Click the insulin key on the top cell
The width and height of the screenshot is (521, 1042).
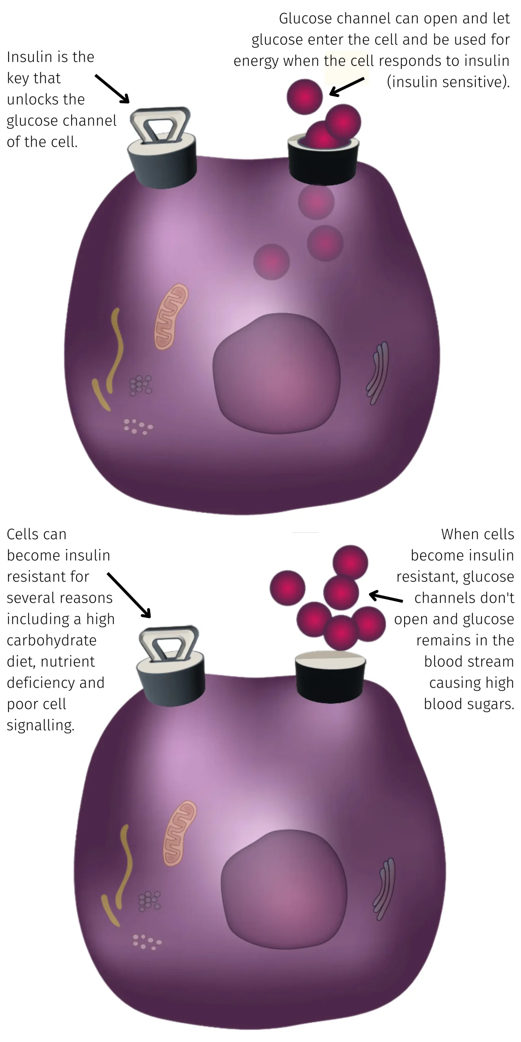[x=162, y=149]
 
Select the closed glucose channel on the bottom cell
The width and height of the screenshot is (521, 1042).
[x=330, y=676]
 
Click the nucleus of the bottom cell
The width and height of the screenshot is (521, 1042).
[x=284, y=890]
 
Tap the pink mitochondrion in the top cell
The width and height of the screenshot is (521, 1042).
[x=171, y=317]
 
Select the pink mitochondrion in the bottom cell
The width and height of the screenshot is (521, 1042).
[x=180, y=833]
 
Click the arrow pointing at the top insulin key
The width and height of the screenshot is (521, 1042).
[x=112, y=89]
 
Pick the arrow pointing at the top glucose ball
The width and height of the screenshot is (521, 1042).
[x=346, y=87]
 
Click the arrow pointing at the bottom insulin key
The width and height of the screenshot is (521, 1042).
[x=129, y=595]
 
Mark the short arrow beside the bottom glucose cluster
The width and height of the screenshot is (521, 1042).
[x=386, y=597]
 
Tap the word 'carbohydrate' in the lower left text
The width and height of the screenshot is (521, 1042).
[x=52, y=640]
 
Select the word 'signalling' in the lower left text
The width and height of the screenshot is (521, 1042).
[x=41, y=725]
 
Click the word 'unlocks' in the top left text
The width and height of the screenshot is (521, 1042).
[x=46, y=99]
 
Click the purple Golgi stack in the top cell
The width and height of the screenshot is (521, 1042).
[x=378, y=374]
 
